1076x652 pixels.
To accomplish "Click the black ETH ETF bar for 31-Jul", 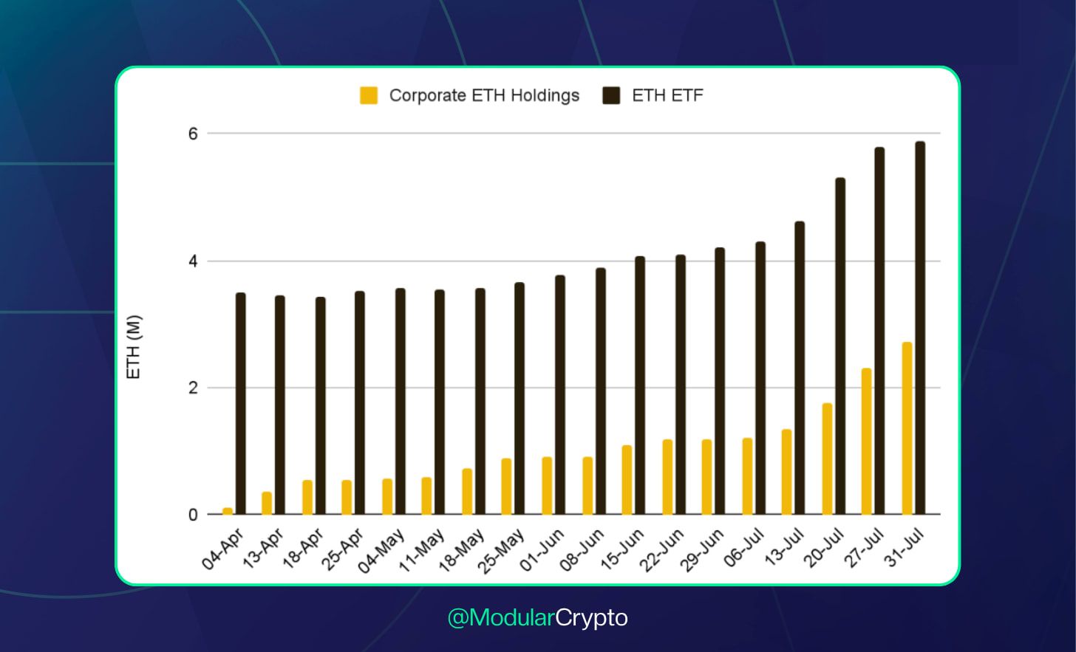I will [920, 328].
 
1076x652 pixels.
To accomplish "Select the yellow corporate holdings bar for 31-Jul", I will [907, 428].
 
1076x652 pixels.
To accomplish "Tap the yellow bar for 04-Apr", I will [228, 511].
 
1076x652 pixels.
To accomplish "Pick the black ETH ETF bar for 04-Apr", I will [241, 403].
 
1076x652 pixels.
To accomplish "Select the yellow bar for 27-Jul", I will [866, 441].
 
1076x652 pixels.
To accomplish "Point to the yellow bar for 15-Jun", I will [627, 479].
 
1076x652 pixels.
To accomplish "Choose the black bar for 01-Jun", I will [560, 394].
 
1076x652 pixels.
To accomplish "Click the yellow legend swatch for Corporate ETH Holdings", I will [369, 95].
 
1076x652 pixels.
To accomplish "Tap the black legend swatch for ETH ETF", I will [611, 95].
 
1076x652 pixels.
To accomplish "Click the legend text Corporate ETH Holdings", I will [484, 95].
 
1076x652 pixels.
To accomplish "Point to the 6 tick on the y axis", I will [194, 134].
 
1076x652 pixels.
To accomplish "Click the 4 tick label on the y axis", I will [194, 261].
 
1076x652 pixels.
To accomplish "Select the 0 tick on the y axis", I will [194, 515].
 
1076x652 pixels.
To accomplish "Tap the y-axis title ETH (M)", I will [134, 347].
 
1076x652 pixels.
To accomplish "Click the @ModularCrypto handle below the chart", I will [537, 617].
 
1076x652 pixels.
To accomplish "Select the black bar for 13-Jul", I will [800, 368].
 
